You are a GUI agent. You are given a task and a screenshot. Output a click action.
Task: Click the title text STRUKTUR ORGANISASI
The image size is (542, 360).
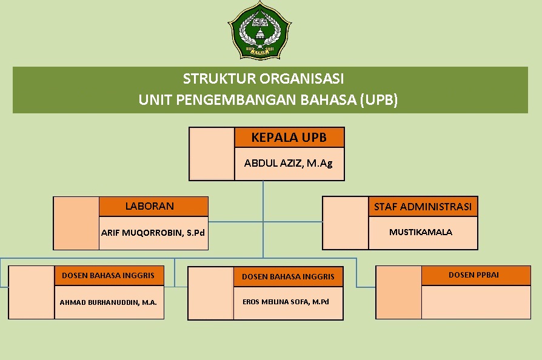coord(263,79)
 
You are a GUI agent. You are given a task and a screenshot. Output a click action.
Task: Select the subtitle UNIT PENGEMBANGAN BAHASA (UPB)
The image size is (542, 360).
coord(268,100)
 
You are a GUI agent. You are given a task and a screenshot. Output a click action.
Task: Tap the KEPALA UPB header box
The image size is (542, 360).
coord(289,138)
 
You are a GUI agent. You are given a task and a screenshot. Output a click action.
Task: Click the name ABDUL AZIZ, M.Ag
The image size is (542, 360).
coord(289,163)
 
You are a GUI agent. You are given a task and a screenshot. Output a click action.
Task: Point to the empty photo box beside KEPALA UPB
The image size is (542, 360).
coord(212,154)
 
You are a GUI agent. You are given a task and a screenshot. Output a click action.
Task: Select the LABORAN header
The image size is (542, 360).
coord(153,206)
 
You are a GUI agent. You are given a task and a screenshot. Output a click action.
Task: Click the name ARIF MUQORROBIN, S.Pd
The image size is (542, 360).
coord(153,233)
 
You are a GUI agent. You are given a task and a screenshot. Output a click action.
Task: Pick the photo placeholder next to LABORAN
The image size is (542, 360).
coord(76,223)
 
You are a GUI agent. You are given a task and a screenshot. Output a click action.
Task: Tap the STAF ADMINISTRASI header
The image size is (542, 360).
coord(423,207)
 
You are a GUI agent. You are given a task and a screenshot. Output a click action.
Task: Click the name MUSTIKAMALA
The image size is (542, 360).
coord(421,232)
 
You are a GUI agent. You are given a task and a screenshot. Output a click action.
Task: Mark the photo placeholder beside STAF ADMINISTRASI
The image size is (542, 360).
coord(346,223)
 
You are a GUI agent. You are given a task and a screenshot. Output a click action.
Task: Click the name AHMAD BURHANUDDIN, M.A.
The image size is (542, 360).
coord(109,301)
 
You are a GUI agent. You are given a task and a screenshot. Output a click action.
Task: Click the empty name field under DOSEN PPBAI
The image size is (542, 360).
coord(476,302)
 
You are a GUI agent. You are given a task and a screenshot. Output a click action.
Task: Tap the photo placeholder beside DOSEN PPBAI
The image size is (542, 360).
coord(398,292)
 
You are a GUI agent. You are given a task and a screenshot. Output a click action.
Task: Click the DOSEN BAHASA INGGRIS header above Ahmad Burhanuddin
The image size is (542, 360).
coord(109,275)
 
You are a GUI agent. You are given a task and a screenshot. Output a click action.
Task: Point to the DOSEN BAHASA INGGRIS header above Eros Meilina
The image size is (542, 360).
coord(288,276)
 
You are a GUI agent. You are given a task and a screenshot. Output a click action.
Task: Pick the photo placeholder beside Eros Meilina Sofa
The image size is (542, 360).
coord(211,293)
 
